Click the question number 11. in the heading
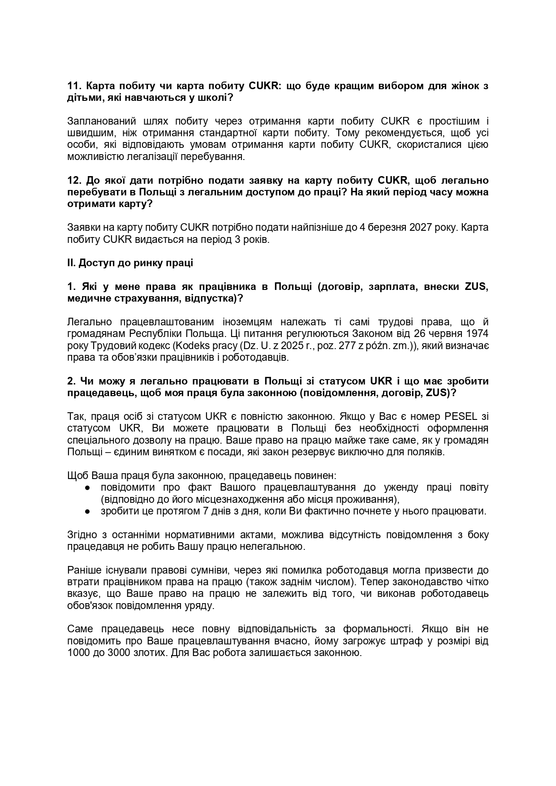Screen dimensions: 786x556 pos(74,86)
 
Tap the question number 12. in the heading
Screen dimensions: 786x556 pos(74,180)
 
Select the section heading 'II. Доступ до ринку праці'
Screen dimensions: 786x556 pos(130,263)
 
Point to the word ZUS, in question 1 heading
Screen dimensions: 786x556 pos(475,286)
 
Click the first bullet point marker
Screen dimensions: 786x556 pos(88,488)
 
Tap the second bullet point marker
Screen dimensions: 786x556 pos(88,511)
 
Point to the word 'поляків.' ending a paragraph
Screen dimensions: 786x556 pos(427,452)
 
